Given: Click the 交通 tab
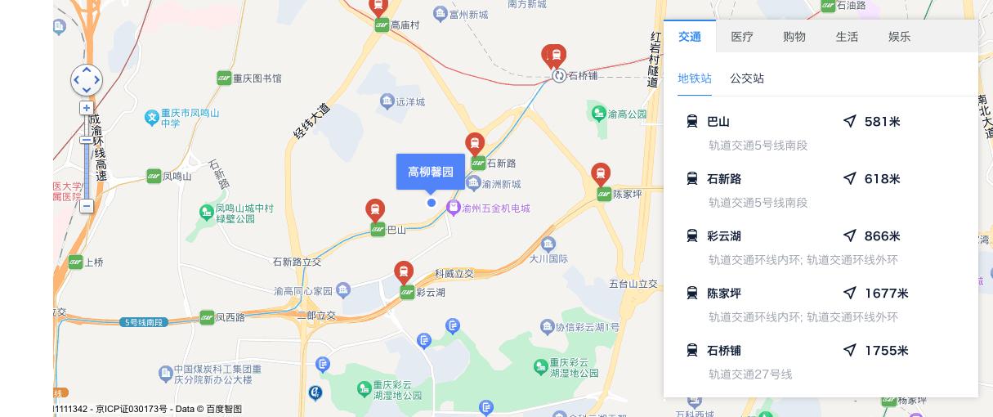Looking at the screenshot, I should (690, 37).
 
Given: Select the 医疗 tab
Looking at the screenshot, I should (742, 37).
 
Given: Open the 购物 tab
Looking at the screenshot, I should (794, 37).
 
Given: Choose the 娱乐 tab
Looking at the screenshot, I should (899, 37).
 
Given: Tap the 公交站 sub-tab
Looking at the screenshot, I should (747, 78).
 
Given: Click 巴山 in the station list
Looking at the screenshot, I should (718, 122).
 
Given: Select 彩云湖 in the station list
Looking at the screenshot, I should (724, 236).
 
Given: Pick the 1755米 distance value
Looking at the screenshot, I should (886, 351).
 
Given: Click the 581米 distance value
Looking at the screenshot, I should (882, 122).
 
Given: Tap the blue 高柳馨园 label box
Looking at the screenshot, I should (431, 172).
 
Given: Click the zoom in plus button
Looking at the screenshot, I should (87, 108).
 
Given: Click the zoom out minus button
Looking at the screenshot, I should (87, 206).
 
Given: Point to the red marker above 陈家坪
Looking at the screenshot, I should (601, 174).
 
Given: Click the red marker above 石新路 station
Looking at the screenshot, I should (475, 143).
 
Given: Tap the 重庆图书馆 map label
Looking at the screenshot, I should (257, 78).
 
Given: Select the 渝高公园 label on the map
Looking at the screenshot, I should (627, 114).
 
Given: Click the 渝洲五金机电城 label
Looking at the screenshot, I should (495, 208).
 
